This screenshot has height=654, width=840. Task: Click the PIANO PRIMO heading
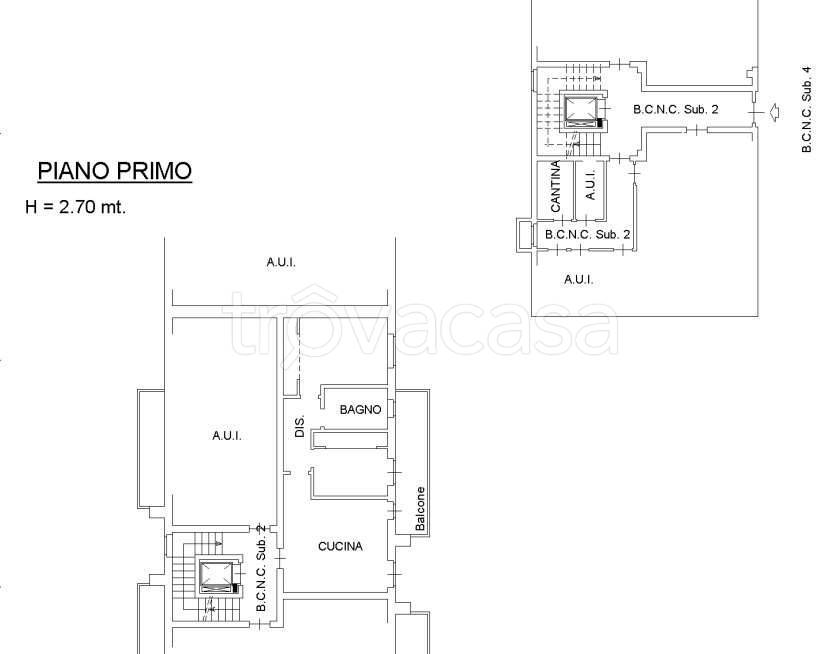click(115, 171)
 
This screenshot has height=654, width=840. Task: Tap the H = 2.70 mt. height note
click(76, 207)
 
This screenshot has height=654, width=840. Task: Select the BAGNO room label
click(361, 410)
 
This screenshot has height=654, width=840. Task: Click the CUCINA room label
click(340, 546)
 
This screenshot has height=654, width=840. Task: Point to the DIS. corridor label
click(300, 426)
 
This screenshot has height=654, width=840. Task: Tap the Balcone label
click(421, 508)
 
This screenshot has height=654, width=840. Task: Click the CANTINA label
click(556, 186)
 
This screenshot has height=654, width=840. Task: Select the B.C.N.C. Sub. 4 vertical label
click(806, 109)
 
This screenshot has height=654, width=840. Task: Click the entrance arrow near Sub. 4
click(773, 112)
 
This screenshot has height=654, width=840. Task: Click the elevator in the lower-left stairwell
click(216, 576)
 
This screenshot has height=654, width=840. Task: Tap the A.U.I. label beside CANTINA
click(590, 185)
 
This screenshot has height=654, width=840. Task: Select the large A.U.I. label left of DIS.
click(227, 436)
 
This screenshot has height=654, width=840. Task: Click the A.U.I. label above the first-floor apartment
click(281, 262)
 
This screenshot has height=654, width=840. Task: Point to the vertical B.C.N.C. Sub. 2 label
click(261, 568)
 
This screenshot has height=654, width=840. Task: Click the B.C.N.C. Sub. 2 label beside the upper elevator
click(676, 109)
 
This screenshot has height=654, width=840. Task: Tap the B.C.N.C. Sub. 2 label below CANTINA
click(588, 235)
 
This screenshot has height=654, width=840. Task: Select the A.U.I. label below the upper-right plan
click(579, 279)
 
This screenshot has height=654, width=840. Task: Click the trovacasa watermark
click(424, 324)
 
